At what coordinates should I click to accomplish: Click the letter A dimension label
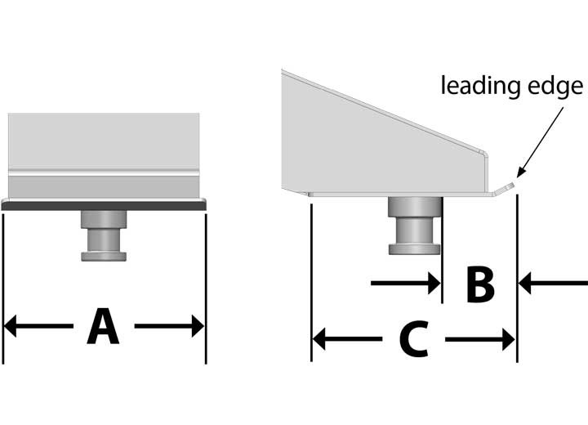point(104,328)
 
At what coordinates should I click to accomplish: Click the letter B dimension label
point(479,284)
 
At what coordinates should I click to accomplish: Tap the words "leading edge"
point(512,86)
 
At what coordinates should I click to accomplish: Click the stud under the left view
point(104,235)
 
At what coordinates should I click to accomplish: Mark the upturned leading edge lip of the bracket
point(507,189)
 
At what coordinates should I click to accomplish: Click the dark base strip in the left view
point(104,207)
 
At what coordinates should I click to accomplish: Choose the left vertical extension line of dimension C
point(311,278)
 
